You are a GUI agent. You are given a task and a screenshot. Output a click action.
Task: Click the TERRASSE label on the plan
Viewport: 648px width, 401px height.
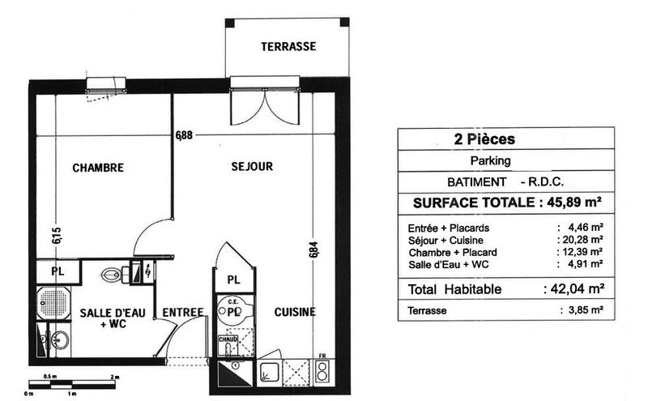(288, 47)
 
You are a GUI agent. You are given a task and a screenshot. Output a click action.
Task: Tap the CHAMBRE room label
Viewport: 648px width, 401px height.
(98, 169)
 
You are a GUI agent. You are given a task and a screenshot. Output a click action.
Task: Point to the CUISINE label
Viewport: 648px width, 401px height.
(294, 312)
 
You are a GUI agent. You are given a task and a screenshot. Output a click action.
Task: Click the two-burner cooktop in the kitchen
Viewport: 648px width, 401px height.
(322, 373)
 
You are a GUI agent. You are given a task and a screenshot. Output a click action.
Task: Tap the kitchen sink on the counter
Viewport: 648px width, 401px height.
(268, 374)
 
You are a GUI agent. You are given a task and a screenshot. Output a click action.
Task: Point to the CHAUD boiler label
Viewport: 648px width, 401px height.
(228, 340)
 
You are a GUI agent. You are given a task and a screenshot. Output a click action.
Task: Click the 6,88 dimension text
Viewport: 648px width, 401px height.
(184, 135)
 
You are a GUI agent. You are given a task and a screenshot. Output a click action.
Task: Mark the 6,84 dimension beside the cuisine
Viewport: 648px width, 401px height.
(313, 249)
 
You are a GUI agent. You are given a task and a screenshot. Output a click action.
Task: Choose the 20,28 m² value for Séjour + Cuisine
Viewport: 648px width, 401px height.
(582, 240)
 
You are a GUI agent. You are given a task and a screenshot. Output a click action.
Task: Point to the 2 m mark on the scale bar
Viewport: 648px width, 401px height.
(115, 378)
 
